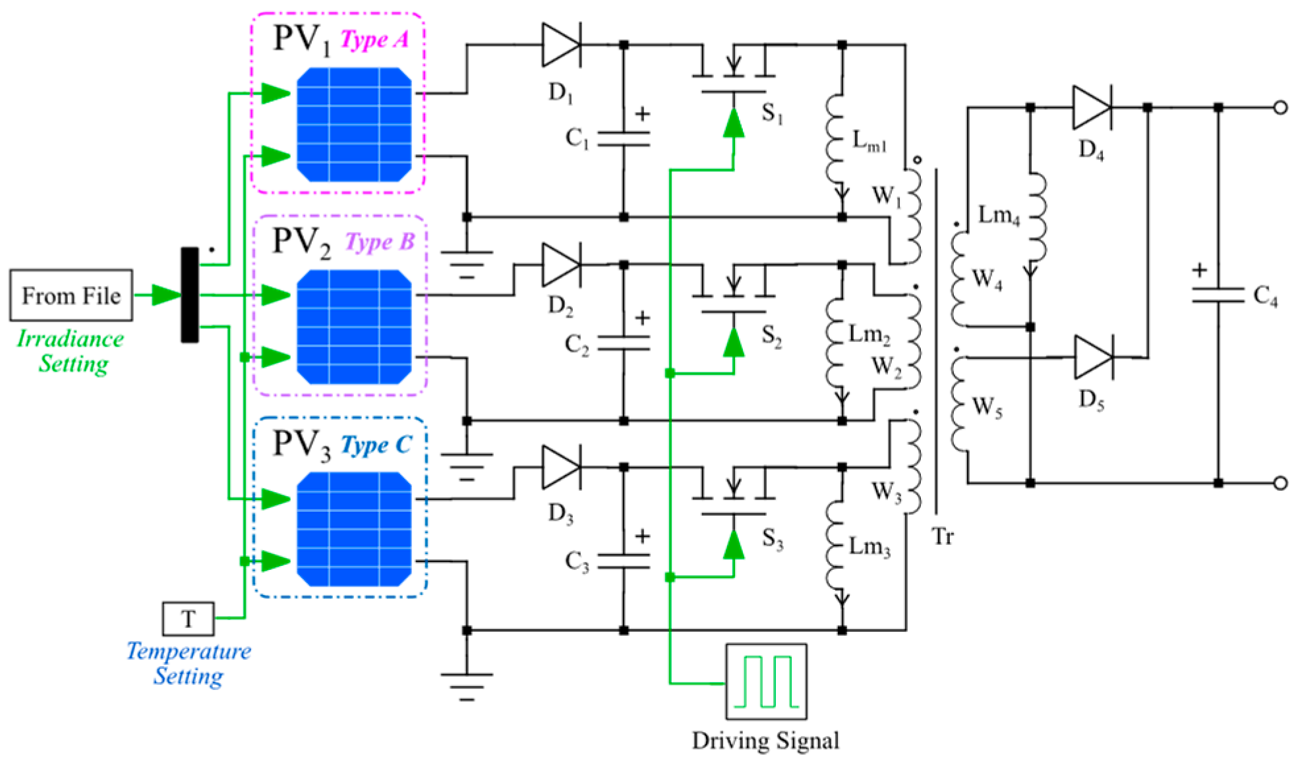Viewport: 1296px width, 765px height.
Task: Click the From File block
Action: click(71, 295)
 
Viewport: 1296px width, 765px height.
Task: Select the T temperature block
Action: click(188, 619)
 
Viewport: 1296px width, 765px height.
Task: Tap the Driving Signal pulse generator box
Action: click(766, 681)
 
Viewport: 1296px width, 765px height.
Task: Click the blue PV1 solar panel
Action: click(354, 124)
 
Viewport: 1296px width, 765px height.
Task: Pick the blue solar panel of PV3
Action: click(354, 528)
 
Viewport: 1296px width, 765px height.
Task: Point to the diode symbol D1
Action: click(561, 45)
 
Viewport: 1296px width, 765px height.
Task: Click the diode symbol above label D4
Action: click(1092, 107)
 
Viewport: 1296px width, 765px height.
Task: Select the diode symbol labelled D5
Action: click(1094, 357)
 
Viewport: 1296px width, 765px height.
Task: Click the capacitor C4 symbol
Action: click(1218, 295)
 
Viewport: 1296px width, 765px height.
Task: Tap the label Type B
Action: click(380, 242)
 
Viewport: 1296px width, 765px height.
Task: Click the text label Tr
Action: click(943, 536)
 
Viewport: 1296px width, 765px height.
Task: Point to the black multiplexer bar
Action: click(190, 295)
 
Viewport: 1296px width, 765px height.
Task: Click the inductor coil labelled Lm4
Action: click(1036, 217)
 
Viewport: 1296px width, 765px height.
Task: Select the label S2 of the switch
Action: click(772, 336)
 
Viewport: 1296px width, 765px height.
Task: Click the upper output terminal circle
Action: click(1280, 107)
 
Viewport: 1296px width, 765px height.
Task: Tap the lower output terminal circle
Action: click(1280, 483)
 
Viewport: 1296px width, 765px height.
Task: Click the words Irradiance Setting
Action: click(71, 351)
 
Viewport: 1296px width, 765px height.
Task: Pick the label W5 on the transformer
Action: click(987, 407)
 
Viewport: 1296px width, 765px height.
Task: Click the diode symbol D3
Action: click(561, 467)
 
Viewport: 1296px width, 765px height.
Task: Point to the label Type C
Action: click(376, 445)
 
